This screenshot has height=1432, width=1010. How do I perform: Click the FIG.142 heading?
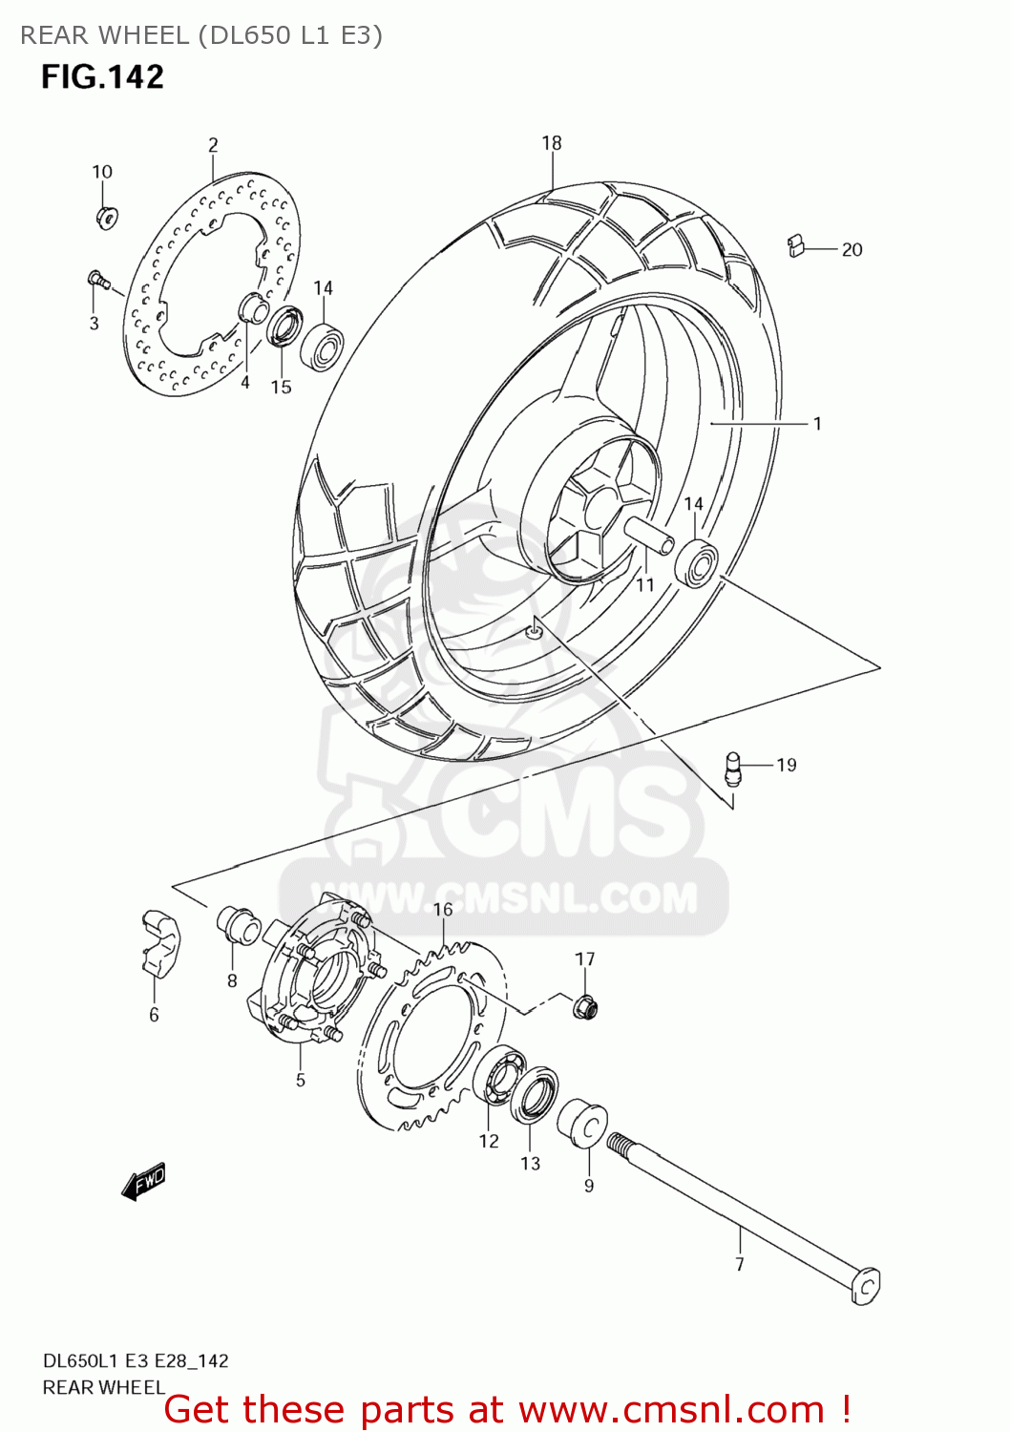[102, 77]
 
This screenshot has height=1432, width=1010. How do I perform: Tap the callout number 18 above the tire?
[552, 143]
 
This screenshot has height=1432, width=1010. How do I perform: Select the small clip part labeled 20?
[796, 246]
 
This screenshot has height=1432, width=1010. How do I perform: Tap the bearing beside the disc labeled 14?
[322, 347]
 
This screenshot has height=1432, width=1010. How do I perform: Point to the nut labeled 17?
[585, 1005]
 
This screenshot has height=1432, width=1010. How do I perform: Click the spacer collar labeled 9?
[581, 1124]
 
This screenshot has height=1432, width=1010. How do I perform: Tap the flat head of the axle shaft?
[866, 1285]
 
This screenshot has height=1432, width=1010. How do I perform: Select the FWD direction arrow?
[144, 1182]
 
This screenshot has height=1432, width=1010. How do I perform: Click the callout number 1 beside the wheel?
[817, 423]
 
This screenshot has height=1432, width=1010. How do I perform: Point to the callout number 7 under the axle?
[740, 1264]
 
